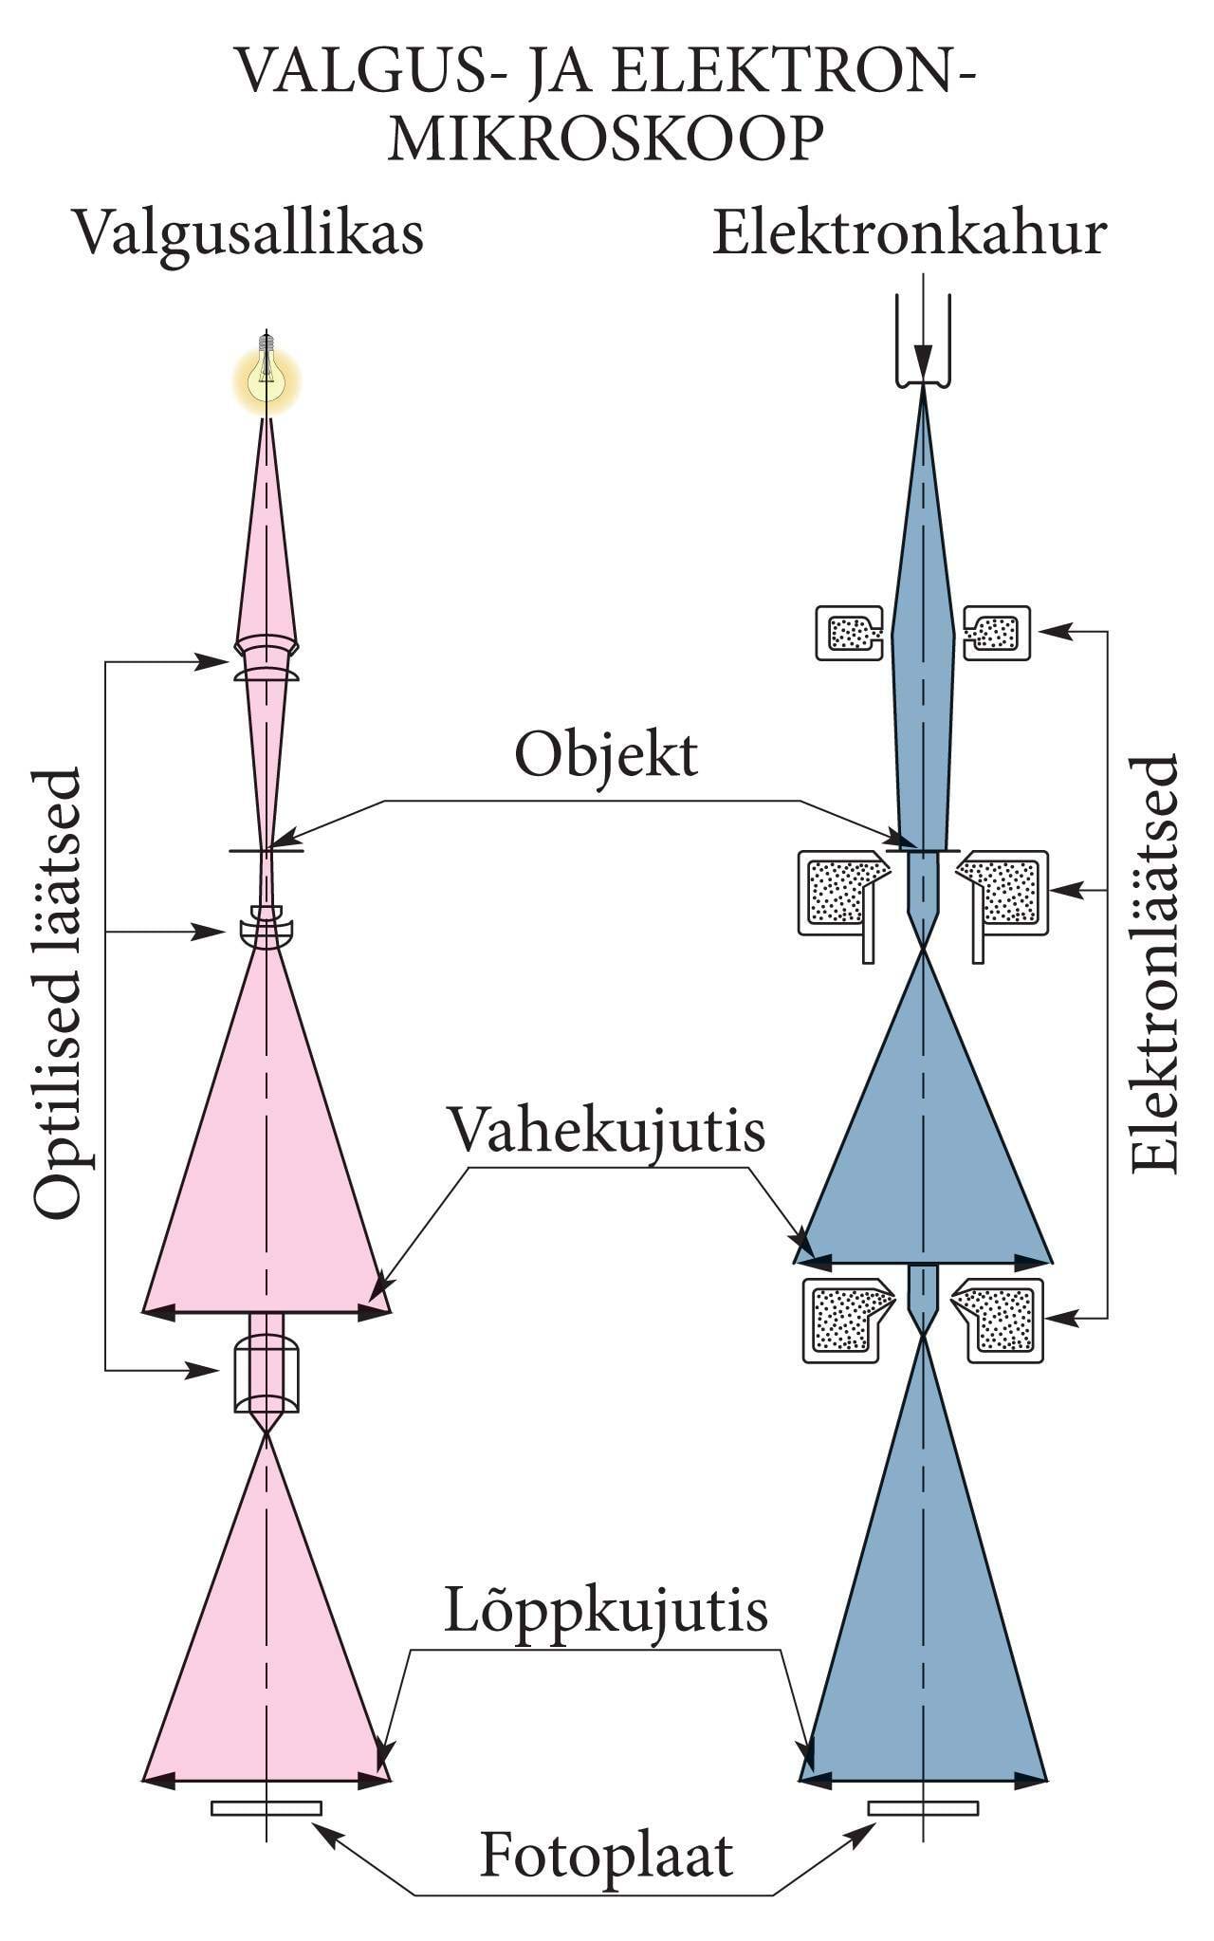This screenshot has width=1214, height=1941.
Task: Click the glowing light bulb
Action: click(267, 378)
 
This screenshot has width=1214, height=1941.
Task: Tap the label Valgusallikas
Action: click(248, 233)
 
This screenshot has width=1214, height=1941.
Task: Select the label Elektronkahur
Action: click(909, 233)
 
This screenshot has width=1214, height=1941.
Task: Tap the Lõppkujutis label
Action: click(606, 1610)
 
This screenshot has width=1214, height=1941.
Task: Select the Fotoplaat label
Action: click(606, 1855)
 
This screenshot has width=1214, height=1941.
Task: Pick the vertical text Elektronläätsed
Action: click(1154, 963)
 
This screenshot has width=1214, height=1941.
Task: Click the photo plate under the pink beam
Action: click(267, 1808)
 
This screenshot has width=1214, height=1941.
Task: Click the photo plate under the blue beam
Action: click(923, 1808)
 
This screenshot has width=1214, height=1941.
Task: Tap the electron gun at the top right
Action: click(923, 342)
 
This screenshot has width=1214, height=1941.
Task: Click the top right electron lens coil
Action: click(997, 633)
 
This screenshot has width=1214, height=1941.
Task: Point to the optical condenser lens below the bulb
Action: click(267, 659)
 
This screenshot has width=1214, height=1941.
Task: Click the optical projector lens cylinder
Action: click(267, 1374)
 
